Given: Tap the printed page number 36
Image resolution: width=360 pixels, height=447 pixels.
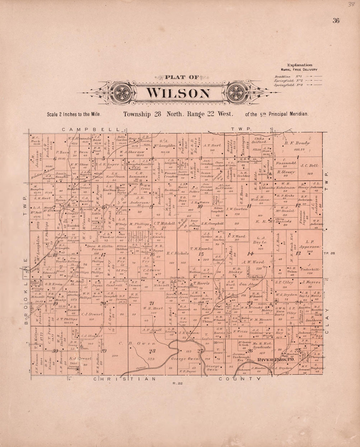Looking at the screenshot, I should pyautogui.click(x=336, y=21).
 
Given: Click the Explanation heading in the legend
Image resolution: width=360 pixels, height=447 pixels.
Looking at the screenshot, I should pyautogui.click(x=299, y=65).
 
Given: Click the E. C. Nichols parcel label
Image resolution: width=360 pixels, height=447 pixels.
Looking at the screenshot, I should pyautogui.click(x=177, y=253).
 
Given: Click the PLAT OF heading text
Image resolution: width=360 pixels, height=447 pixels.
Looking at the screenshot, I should pyautogui.click(x=182, y=78).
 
